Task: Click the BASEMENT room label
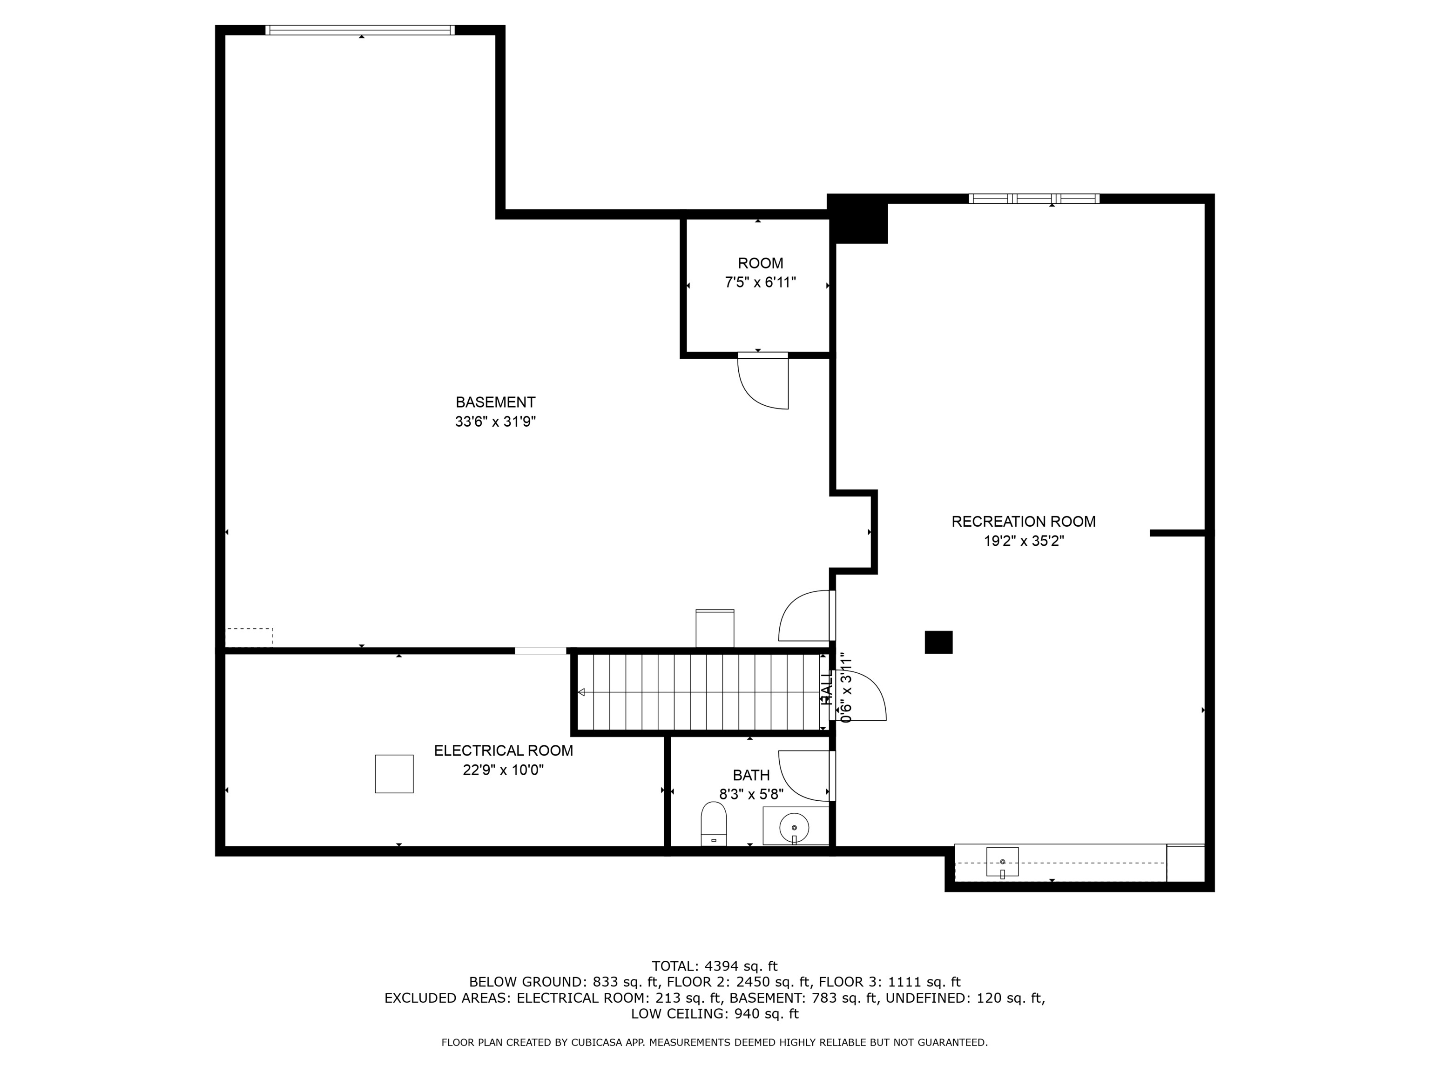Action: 495,402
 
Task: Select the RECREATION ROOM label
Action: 1023,522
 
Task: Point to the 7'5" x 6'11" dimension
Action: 760,282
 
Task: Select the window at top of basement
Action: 359,30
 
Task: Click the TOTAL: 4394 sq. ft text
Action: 715,966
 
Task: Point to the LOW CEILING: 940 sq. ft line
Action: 715,1014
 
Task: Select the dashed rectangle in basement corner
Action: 250,636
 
